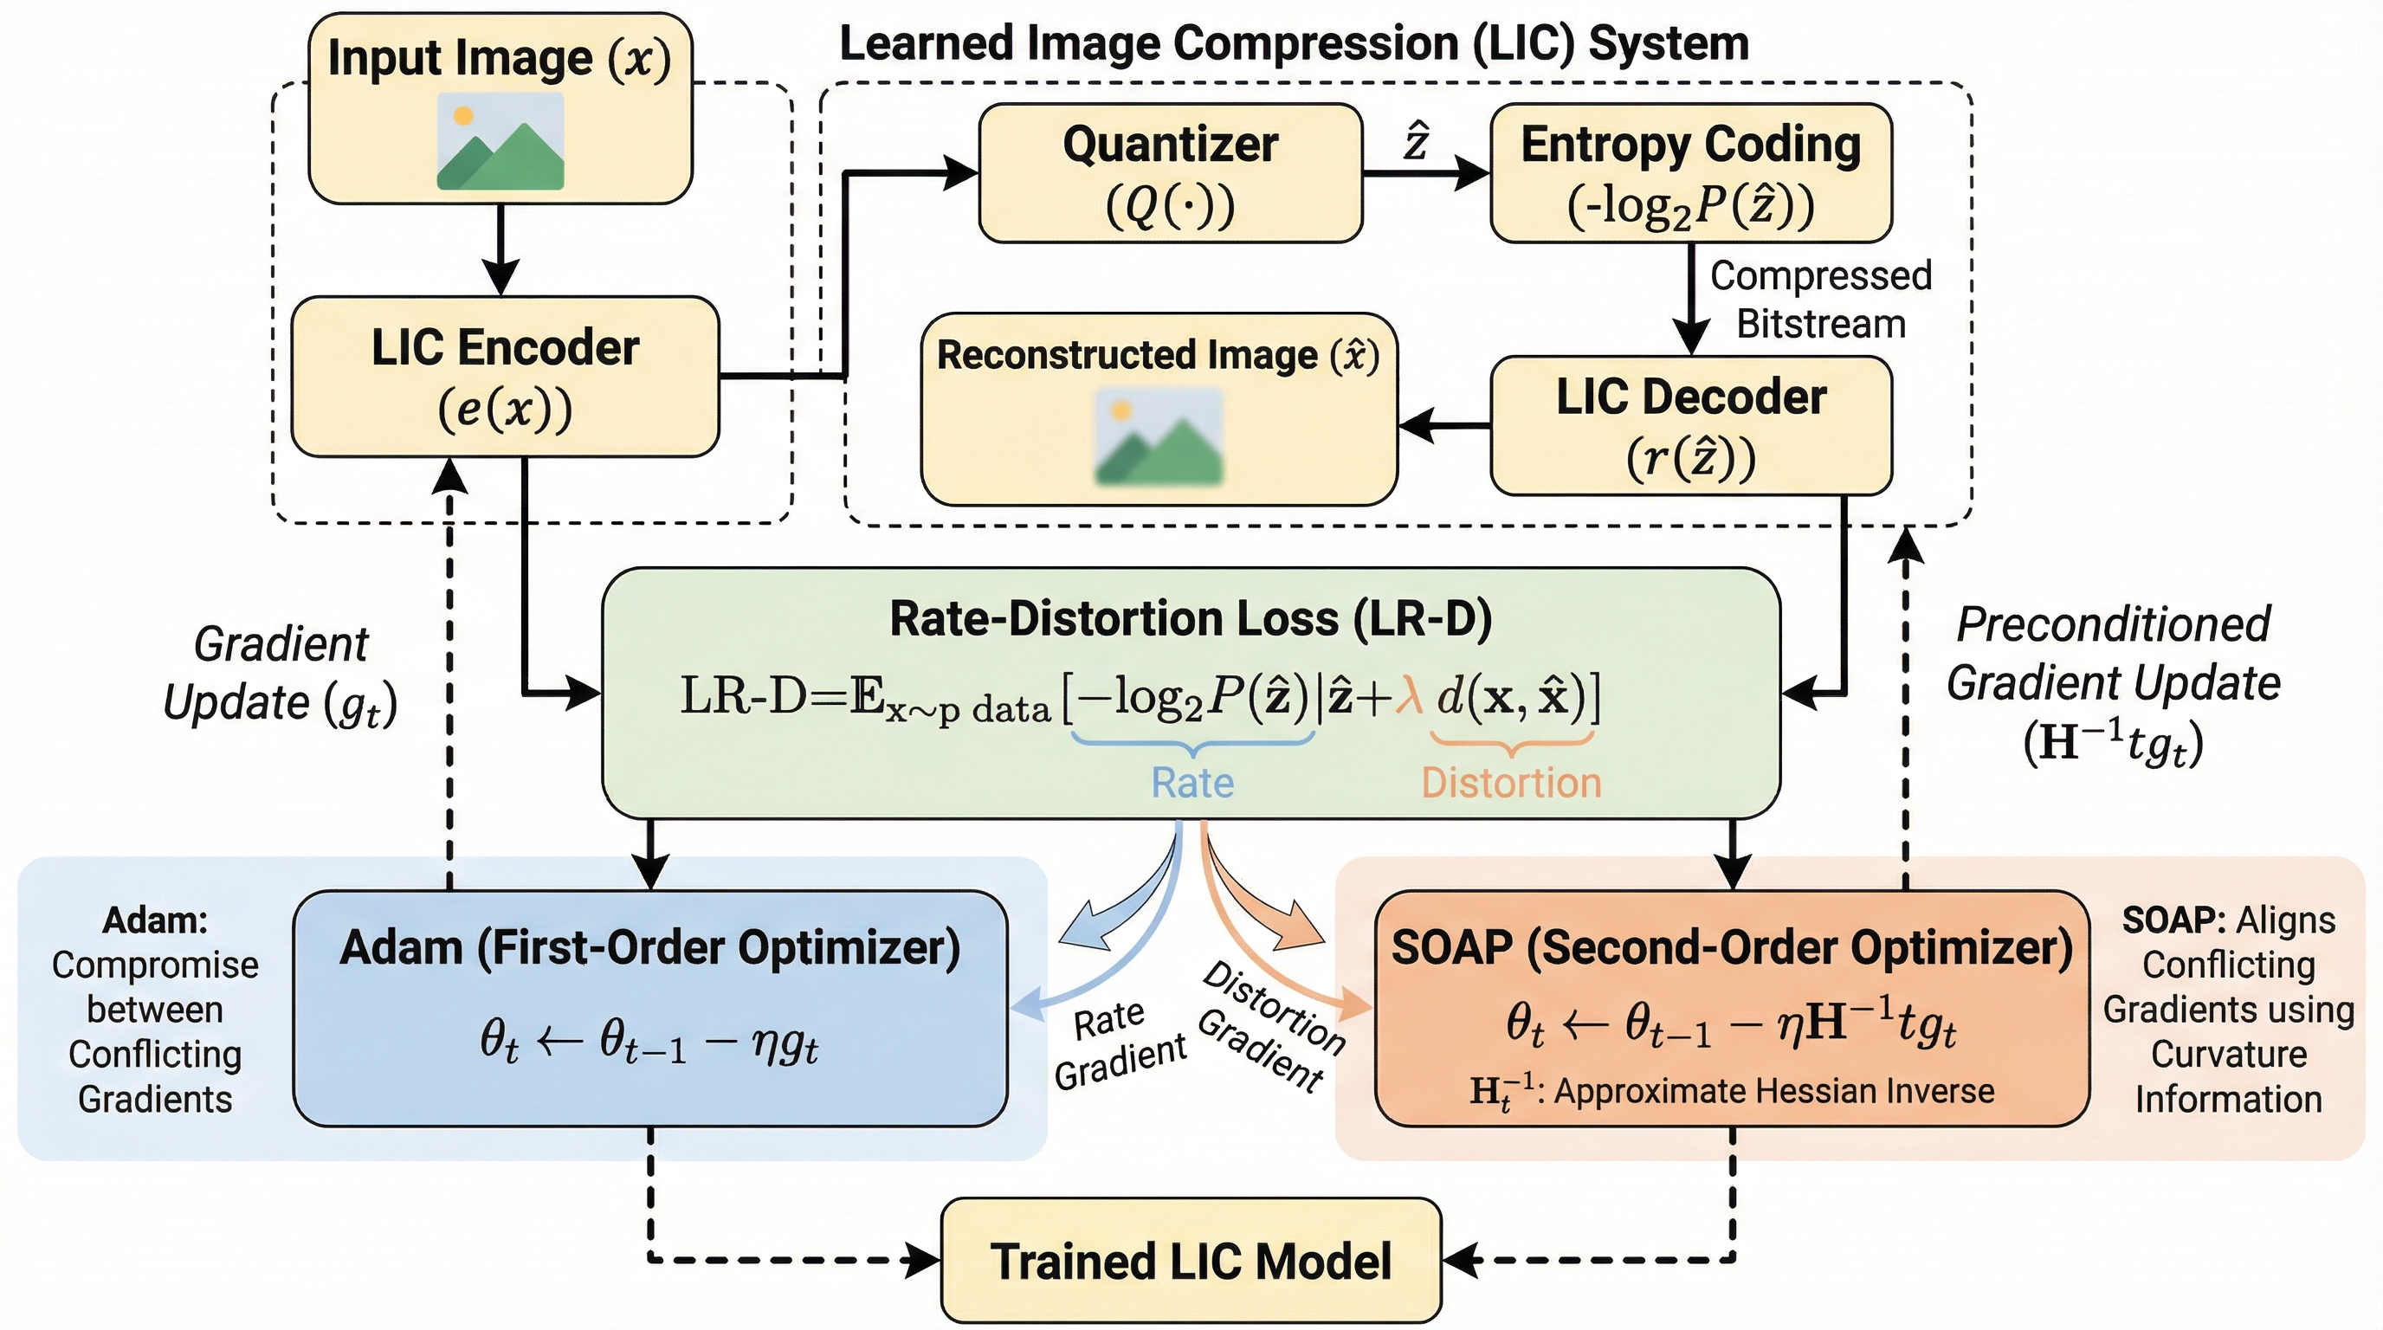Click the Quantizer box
coord(1170,173)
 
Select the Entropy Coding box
coord(1690,173)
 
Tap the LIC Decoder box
coord(1690,425)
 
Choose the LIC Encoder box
coord(505,377)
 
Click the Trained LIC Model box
coord(1191,1261)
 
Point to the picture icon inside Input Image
coord(500,141)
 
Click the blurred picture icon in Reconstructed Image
coord(1159,437)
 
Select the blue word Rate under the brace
coord(1191,783)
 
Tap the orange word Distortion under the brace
coord(1511,783)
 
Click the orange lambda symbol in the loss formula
coord(1409,696)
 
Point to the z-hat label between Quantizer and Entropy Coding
coord(1417,144)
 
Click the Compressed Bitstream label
coord(1819,300)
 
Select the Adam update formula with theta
coord(649,1043)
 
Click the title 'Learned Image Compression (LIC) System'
coord(1294,43)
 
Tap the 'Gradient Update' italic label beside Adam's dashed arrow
coord(281,674)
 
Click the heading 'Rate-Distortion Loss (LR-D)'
coord(1191,619)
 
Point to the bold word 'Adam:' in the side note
coord(154,920)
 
